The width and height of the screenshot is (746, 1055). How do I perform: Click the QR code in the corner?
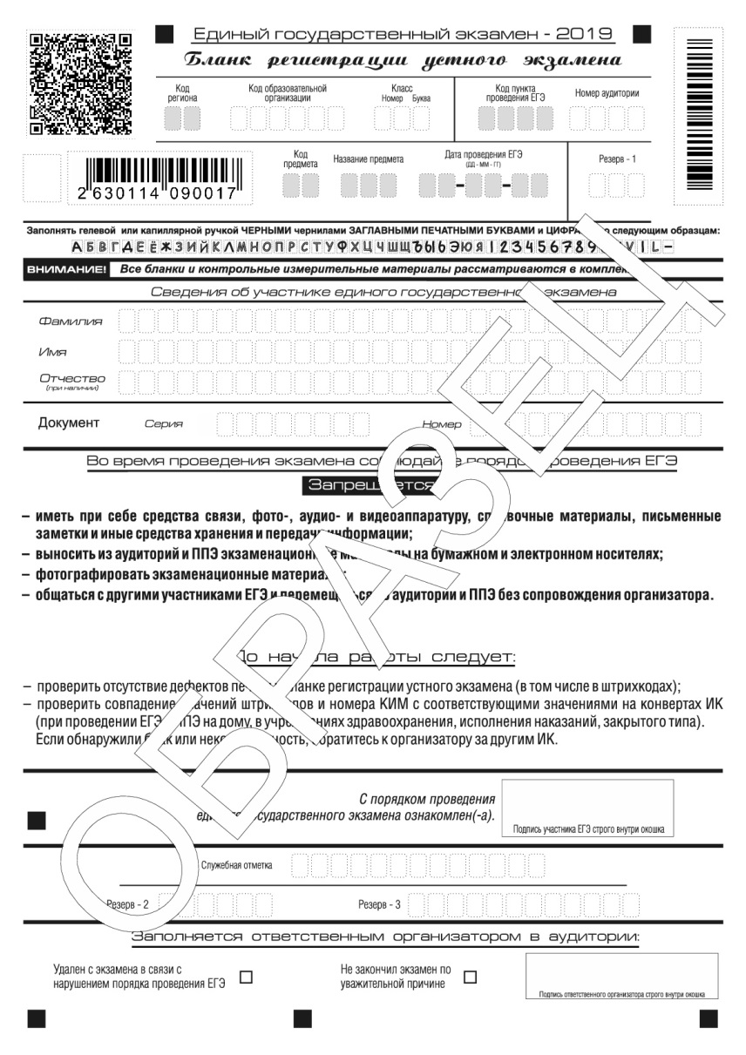[80, 84]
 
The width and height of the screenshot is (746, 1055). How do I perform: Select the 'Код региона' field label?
[182, 93]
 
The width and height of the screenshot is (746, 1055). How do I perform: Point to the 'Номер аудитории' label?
[607, 93]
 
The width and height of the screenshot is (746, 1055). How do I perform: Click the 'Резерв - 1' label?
[617, 159]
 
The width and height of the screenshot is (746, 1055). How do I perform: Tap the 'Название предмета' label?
[368, 159]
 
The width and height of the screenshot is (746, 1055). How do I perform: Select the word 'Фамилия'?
[71, 321]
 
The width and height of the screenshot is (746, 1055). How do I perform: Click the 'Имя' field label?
[51, 352]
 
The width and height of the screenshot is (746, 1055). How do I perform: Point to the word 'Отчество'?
[72, 378]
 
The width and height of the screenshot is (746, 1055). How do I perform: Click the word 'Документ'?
[69, 423]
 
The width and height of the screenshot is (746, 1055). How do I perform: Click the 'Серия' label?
[164, 424]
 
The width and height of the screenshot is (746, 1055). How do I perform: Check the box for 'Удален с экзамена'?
[246, 977]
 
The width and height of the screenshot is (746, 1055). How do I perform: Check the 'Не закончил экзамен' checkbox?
[471, 977]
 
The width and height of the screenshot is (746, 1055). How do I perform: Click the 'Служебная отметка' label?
[236, 865]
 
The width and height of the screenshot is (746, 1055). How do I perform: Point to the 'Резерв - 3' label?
[379, 904]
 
